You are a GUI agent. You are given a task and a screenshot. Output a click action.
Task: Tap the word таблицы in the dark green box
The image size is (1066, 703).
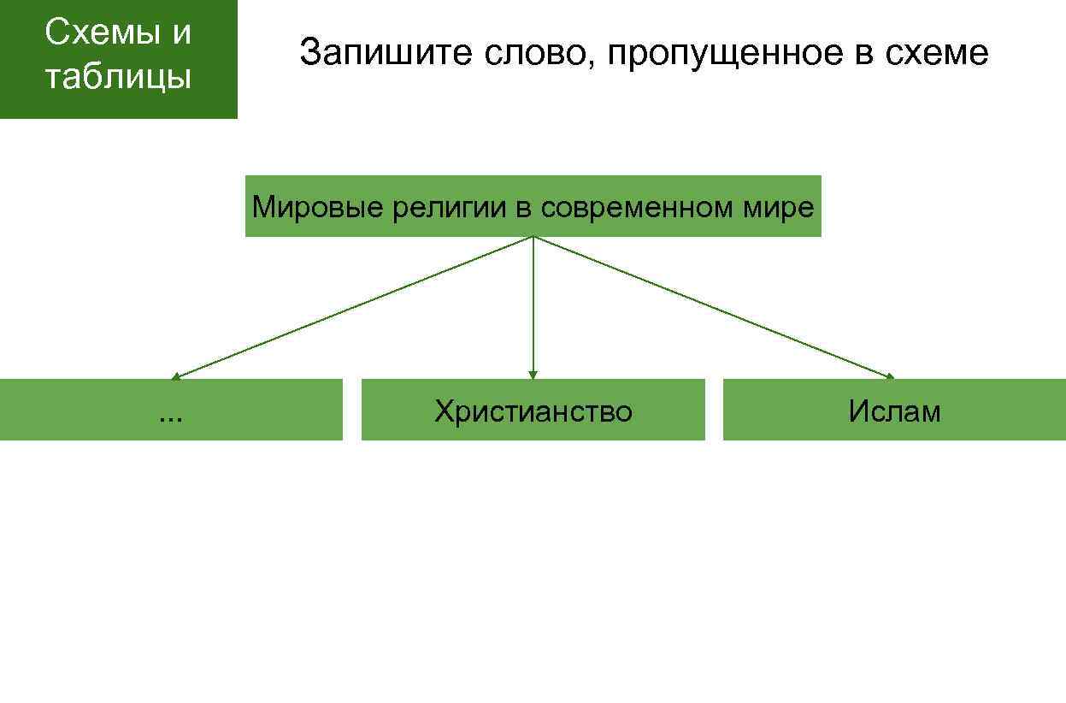coord(118,77)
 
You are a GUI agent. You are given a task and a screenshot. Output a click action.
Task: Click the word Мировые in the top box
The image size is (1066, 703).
coord(318,207)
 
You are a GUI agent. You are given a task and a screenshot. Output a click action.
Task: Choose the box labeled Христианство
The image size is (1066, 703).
coord(533,411)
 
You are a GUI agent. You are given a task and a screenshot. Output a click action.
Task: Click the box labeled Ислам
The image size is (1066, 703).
coord(894,411)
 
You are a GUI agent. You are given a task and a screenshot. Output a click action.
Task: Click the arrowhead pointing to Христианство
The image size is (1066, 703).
coord(533,375)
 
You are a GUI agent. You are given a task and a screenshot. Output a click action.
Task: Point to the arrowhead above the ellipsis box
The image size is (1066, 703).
coord(176,375)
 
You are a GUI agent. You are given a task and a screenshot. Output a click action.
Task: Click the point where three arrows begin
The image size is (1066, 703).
coord(533,237)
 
